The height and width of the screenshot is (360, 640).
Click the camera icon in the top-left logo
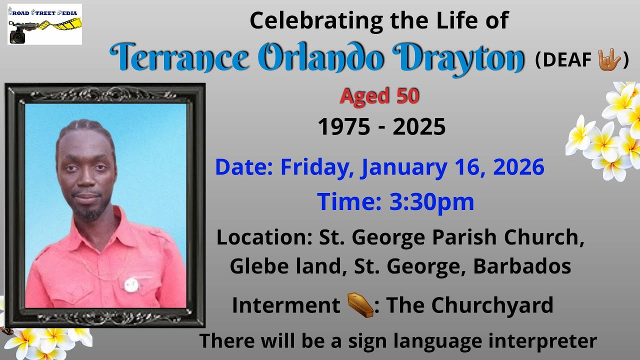[x=18, y=35]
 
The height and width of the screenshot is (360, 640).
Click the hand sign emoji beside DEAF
[x=609, y=60]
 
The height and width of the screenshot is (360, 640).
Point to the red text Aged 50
[x=379, y=96]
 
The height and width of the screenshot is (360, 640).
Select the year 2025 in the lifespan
[x=419, y=127]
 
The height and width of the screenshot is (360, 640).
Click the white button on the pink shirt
[x=131, y=285]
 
